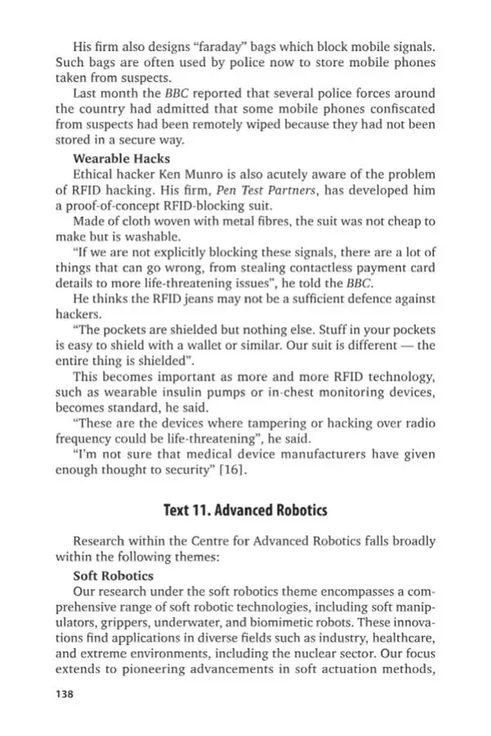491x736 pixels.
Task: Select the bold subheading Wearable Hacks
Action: coord(122,158)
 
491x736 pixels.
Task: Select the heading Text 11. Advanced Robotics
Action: coord(245,510)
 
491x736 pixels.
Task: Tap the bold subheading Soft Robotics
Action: coord(113,575)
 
